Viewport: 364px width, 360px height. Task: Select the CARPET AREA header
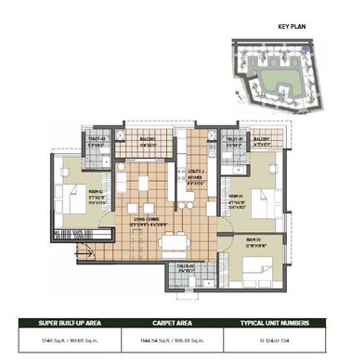pos(182,325)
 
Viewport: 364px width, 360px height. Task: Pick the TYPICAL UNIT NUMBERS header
pos(296,325)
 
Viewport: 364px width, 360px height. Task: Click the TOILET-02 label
pos(98,141)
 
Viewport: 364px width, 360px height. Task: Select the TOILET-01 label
pos(235,141)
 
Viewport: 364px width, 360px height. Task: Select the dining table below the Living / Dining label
pos(174,243)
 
